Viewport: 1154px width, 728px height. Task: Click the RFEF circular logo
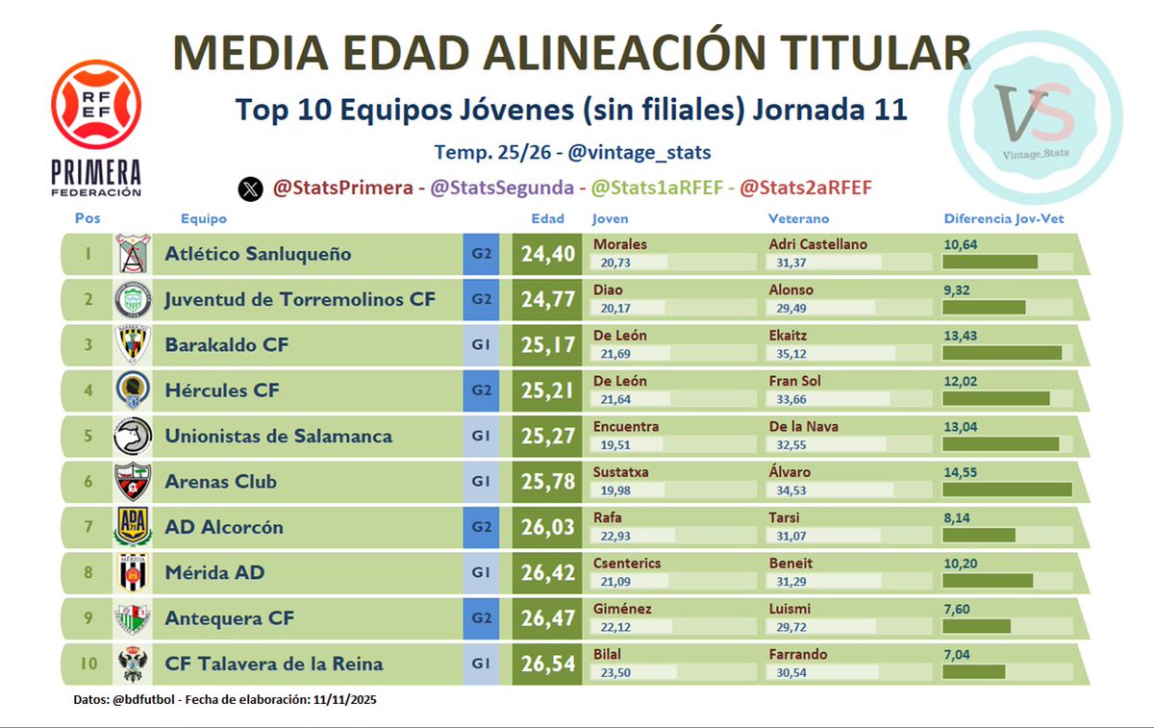pyautogui.click(x=96, y=104)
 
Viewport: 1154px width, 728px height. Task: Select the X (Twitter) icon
pyautogui.click(x=250, y=189)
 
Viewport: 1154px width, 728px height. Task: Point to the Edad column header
pyautogui.click(x=547, y=219)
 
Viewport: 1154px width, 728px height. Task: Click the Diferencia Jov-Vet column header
pyautogui.click(x=1003, y=219)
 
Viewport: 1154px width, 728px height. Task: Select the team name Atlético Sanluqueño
pyautogui.click(x=258, y=254)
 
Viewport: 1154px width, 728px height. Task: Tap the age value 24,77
pyautogui.click(x=547, y=300)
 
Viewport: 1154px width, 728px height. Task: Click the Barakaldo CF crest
pyautogui.click(x=133, y=344)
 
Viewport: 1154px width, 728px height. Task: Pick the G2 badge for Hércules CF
pyautogui.click(x=481, y=390)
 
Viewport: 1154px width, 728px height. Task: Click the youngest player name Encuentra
pyautogui.click(x=626, y=426)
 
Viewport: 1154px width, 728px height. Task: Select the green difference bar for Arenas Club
pyautogui.click(x=1007, y=490)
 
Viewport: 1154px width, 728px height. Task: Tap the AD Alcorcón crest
pyautogui.click(x=133, y=527)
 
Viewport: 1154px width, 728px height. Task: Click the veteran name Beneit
pyautogui.click(x=790, y=563)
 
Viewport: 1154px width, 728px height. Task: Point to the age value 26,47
pyautogui.click(x=547, y=618)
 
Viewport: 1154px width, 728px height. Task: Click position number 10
pyautogui.click(x=88, y=664)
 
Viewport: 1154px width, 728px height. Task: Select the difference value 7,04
pyautogui.click(x=959, y=655)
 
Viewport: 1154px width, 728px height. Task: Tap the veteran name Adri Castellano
pyautogui.click(x=818, y=244)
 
